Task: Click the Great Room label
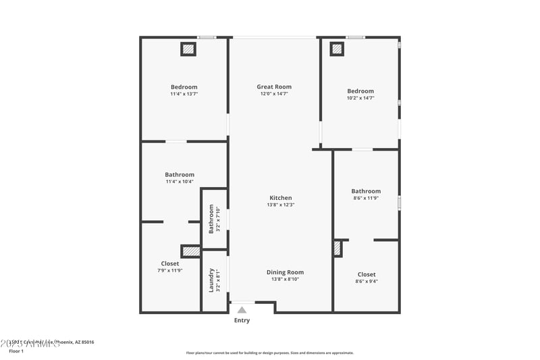click(x=274, y=86)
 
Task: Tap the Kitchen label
click(x=280, y=198)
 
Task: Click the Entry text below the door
click(x=242, y=320)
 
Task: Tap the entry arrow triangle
click(x=242, y=310)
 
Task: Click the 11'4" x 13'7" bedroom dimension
click(x=184, y=94)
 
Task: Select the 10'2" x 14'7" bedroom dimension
click(x=360, y=98)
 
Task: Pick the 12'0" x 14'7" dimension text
click(x=274, y=94)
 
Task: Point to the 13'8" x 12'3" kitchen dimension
click(x=280, y=205)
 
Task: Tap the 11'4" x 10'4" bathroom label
click(x=180, y=181)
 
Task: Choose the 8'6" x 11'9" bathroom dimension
click(x=366, y=198)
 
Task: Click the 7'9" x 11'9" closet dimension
click(x=170, y=270)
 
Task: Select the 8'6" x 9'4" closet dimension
click(x=367, y=281)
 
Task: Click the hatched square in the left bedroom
click(x=188, y=49)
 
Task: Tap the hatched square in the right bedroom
click(x=336, y=49)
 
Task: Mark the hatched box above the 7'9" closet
click(x=191, y=251)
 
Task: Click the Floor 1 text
click(x=16, y=351)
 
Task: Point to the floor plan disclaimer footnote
click(x=270, y=353)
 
